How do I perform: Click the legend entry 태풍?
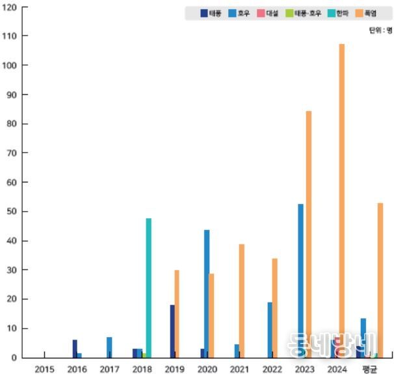click(x=211, y=13)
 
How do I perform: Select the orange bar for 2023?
click(x=309, y=234)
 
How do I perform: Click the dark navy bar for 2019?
click(x=172, y=331)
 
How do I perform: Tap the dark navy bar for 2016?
click(x=75, y=349)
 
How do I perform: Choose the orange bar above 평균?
click(x=380, y=280)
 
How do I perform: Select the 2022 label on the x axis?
click(x=272, y=368)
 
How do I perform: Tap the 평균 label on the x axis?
click(x=371, y=368)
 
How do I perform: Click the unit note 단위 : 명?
click(x=380, y=31)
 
